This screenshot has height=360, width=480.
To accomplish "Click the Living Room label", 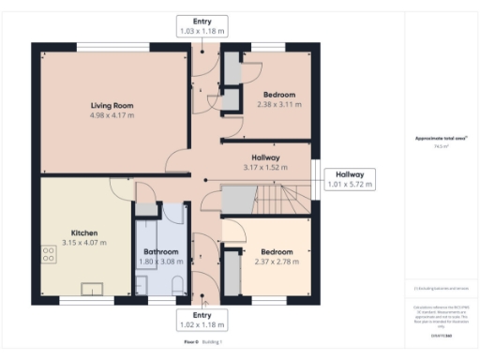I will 112,105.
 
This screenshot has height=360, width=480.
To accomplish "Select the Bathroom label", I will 161,251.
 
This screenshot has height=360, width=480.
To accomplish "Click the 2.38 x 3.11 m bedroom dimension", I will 278,105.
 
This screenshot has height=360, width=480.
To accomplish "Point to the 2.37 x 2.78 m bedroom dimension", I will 277,262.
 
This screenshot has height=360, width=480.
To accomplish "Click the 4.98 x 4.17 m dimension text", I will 112,115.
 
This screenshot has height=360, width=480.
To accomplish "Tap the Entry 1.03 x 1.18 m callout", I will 202,26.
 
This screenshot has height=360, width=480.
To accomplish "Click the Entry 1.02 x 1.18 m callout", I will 202,321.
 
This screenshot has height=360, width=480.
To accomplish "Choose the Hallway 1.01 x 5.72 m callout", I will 349,179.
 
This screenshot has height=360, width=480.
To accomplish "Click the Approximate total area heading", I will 441,139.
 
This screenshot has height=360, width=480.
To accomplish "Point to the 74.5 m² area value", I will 441,146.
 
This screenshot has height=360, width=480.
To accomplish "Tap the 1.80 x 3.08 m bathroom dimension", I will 161,262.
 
